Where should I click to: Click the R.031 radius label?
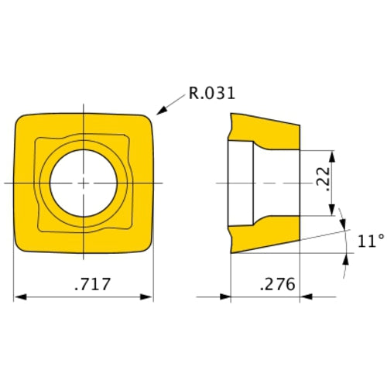pyautogui.click(x=212, y=93)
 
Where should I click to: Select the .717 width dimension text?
pyautogui.click(x=93, y=284)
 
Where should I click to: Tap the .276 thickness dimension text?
pyautogui.click(x=277, y=284)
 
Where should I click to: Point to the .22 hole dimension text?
pyautogui.click(x=324, y=179)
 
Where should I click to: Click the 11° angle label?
pyautogui.click(x=371, y=241)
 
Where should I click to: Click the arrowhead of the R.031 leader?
pyautogui.click(x=162, y=111)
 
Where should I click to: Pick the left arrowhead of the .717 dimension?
pyautogui.click(x=20, y=297)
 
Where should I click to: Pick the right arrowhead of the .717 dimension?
pyautogui.click(x=146, y=297)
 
